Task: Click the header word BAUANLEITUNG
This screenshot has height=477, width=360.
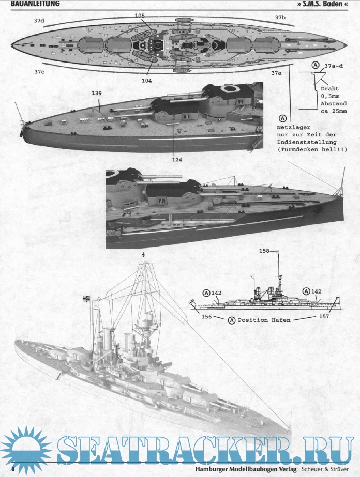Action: point(32,4)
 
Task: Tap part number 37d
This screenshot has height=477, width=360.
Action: point(39,20)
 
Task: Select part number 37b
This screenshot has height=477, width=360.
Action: point(280,17)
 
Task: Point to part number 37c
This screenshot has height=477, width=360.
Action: point(39,71)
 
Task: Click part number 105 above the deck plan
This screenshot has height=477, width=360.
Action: point(140,16)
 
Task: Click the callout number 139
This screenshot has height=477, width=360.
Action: point(96,93)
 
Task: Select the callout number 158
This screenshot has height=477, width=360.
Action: point(265,251)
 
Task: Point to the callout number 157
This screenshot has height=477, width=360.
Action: point(324,316)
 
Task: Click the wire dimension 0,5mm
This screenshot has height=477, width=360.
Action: point(333,96)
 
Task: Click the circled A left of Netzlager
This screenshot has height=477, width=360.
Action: point(282,118)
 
